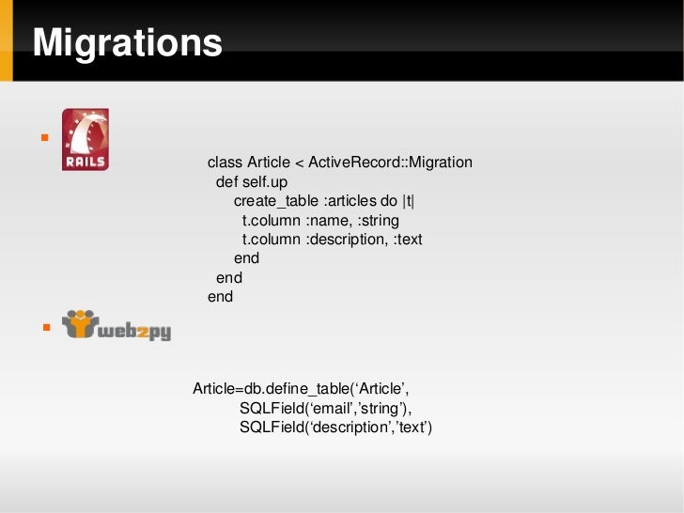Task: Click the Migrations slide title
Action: point(127,43)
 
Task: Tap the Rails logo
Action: point(85,140)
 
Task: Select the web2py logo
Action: point(117,326)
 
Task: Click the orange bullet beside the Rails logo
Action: point(43,139)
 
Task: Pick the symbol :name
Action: point(325,220)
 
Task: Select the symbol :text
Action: point(407,240)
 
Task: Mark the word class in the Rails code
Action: point(225,163)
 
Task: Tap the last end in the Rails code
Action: point(220,297)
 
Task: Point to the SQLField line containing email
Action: point(325,408)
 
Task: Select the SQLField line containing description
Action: point(335,427)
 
